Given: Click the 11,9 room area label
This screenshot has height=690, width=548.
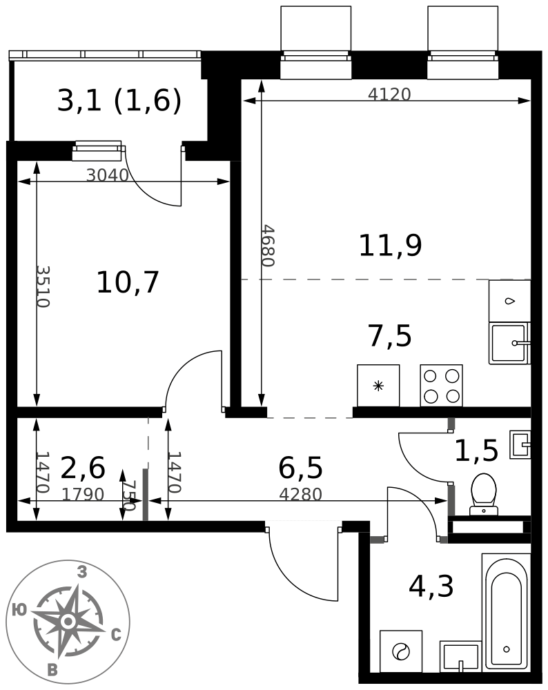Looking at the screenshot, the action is click(391, 246).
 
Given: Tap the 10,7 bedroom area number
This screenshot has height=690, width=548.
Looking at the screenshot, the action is click(128, 282).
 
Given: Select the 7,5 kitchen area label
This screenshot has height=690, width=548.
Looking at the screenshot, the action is click(389, 336).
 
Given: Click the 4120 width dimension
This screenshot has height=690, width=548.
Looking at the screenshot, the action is click(389, 94).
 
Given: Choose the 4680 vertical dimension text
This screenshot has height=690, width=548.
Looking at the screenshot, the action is click(268, 246).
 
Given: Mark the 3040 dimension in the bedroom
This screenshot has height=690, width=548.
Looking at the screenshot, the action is click(108, 175).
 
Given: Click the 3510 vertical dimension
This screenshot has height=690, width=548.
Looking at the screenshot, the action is click(43, 286).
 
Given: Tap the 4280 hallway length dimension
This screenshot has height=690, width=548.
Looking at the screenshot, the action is click(301, 494).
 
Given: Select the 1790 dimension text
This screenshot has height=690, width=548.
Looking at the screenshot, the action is click(83, 494).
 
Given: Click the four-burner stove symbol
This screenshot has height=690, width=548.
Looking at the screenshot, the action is click(441, 386).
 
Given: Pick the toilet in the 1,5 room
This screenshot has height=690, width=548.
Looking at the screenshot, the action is click(484, 494).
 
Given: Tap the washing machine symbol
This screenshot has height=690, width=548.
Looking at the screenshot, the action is click(400, 651).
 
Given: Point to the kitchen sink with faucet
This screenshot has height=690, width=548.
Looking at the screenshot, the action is click(510, 343).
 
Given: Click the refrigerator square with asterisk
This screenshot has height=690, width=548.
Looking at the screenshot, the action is click(378, 386).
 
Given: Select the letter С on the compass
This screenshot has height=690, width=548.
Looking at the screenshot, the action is click(116, 635).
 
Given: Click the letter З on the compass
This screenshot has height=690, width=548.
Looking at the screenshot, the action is click(82, 572).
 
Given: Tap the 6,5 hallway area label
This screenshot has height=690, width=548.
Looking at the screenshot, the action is click(301, 468).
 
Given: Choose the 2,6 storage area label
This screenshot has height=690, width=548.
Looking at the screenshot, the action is click(83, 468).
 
